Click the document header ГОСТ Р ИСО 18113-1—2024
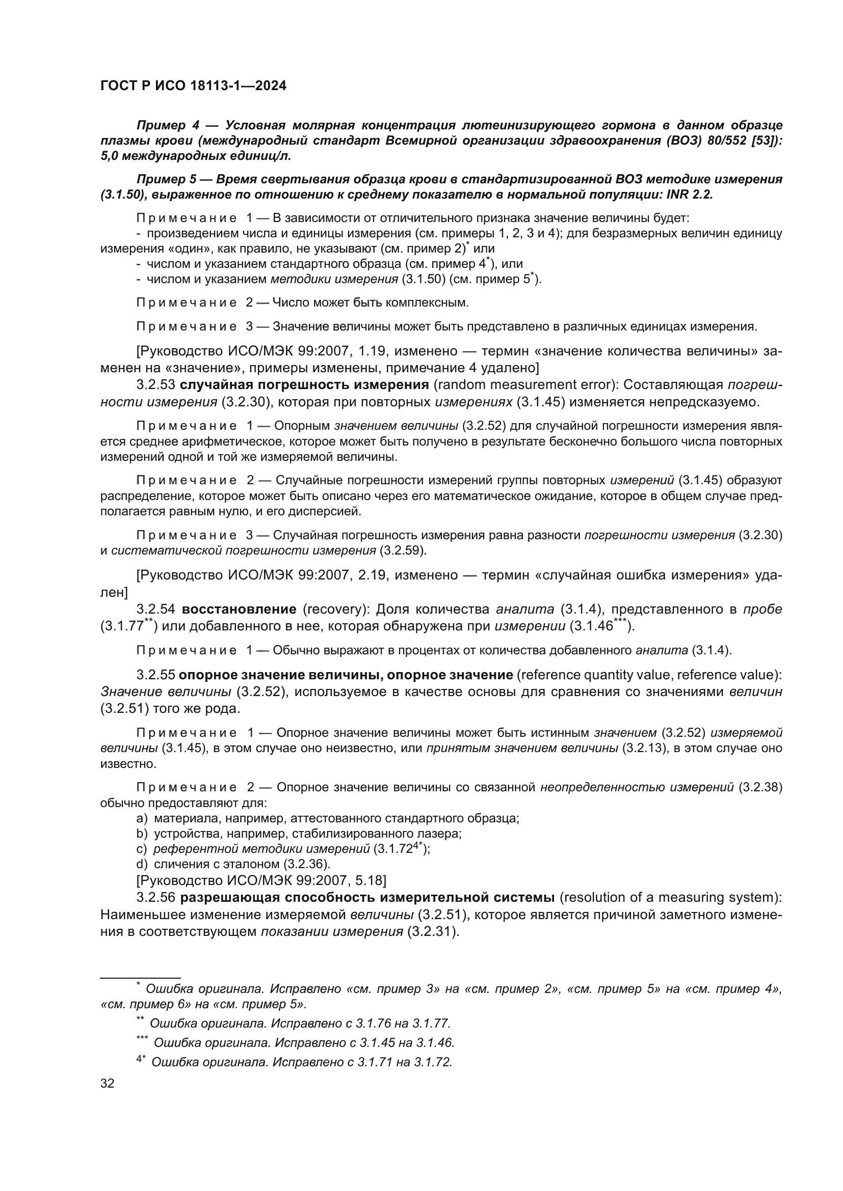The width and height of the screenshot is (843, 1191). click(193, 86)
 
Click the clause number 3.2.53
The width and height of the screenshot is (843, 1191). click(156, 385)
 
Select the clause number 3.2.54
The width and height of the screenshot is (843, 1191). click(156, 609)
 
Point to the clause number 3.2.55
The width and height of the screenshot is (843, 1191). click(156, 675)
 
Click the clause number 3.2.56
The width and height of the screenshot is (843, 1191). click(156, 897)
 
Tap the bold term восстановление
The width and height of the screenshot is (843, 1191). click(239, 609)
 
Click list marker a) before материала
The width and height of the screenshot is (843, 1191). click(142, 819)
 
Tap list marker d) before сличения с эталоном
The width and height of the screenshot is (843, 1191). click(142, 864)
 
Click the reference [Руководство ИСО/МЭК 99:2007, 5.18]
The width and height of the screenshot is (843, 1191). click(261, 880)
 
